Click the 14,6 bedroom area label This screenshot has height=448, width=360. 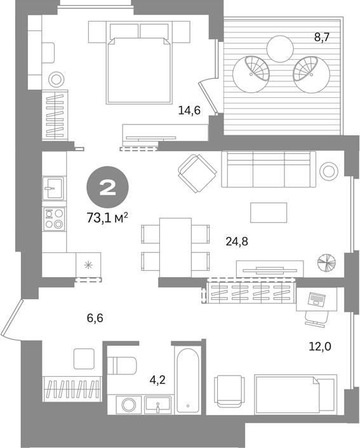click(189, 110)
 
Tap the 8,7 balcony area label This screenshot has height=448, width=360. click(322, 37)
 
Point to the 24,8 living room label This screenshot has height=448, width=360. click(237, 241)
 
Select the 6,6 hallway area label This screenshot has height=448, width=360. click(95, 318)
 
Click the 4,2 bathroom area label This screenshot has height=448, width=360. click(157, 380)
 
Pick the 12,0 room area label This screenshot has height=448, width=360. click(320, 346)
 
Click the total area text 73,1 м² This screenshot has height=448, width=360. click(107, 218)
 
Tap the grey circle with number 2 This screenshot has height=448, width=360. click(108, 187)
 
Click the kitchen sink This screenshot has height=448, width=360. click(53, 188)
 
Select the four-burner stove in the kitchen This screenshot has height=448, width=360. click(54, 219)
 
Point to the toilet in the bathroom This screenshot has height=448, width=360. click(122, 365)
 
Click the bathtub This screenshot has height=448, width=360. click(188, 380)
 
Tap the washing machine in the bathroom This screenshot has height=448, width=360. click(129, 405)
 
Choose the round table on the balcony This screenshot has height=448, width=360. click(280, 48)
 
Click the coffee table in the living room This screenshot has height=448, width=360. click(269, 213)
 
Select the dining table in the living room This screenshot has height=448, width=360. click(175, 247)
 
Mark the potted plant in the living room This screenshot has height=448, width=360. click(326, 262)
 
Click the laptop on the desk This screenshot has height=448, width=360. click(316, 299)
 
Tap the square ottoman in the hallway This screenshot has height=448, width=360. click(84, 358)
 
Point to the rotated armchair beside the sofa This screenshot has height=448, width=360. click(197, 173)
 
